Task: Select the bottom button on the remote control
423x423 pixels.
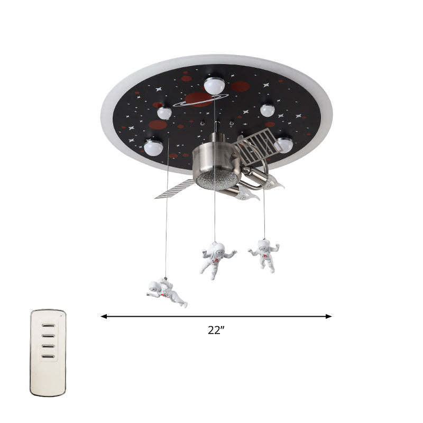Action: coord(48,357)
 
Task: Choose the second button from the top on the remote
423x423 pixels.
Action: coord(48,335)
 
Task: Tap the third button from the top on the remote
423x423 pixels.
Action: coord(48,346)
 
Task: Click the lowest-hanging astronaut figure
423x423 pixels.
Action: coord(166,292)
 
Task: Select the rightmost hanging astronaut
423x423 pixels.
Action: coord(264,254)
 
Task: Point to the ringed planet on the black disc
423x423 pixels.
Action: coord(200,99)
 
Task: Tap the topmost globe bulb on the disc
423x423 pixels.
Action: coord(215,85)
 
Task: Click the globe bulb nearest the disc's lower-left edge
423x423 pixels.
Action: coord(154,147)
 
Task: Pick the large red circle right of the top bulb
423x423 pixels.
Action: coord(240,86)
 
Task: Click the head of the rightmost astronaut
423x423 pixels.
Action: coord(265,244)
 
